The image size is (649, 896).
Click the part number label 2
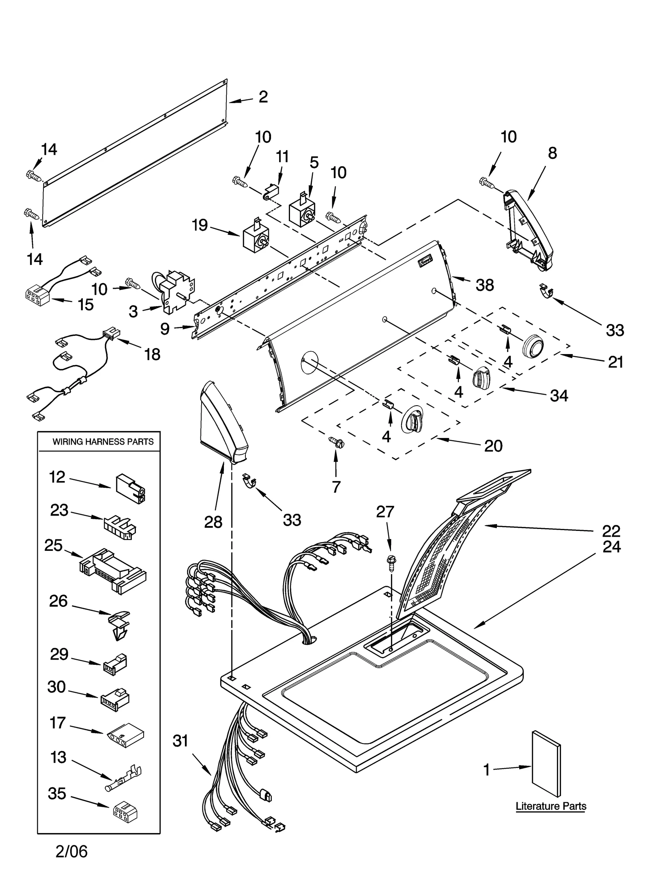(263, 97)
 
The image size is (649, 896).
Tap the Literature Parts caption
(550, 806)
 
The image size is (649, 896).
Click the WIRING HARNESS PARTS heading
(103, 442)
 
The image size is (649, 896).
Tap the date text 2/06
(71, 851)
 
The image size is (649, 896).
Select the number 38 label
(484, 285)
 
